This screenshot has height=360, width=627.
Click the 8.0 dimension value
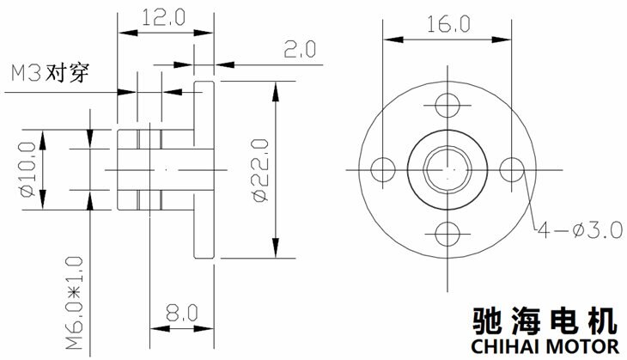tap(179, 310)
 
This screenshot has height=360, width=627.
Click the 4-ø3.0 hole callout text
tap(577, 229)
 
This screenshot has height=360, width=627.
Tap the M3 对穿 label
tap(48, 72)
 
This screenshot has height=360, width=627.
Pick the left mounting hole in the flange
tap(384, 168)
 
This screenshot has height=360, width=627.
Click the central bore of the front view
tap(447, 168)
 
